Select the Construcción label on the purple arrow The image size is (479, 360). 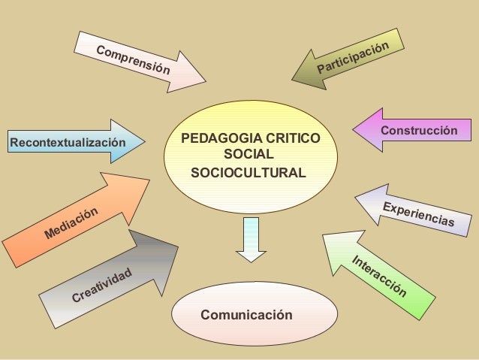419,131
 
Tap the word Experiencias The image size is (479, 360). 419,214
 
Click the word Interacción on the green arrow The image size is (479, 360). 380,276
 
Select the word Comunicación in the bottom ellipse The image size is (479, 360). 246,314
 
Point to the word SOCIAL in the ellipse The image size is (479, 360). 249,156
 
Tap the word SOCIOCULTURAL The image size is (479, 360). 249,173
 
